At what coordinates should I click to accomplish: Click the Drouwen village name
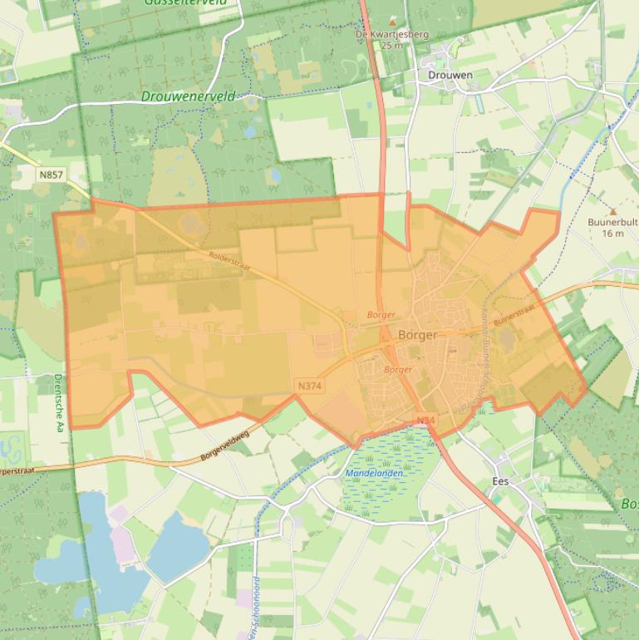point(450,75)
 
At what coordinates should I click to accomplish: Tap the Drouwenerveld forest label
point(189,96)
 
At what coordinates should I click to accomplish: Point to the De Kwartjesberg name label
point(391,35)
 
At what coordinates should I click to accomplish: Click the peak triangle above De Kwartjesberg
point(392,22)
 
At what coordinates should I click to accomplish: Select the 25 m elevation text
point(391,46)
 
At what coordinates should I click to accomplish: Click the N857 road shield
point(50,175)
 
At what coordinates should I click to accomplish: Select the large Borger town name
point(418,335)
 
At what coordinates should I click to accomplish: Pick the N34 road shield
point(426,421)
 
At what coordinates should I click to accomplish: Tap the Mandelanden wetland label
point(374,473)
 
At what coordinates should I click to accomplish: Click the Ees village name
point(500,481)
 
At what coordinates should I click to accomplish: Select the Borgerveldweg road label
point(225,446)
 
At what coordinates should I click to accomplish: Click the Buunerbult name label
point(612,222)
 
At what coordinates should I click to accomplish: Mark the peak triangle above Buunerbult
point(613,211)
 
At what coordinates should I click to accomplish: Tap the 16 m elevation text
point(612,234)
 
